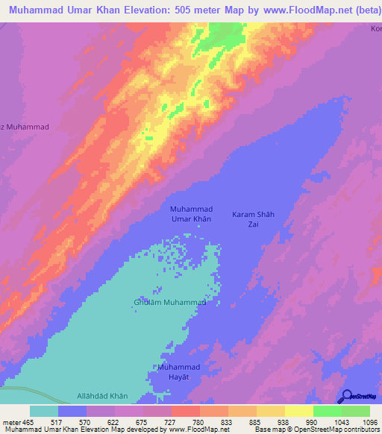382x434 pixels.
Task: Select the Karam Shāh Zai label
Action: [254, 218]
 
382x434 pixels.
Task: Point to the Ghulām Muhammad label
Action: [170, 303]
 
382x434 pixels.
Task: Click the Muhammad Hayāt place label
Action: [179, 372]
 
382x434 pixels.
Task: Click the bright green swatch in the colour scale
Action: [327, 412]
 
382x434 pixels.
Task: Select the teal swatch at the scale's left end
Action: [44, 412]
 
